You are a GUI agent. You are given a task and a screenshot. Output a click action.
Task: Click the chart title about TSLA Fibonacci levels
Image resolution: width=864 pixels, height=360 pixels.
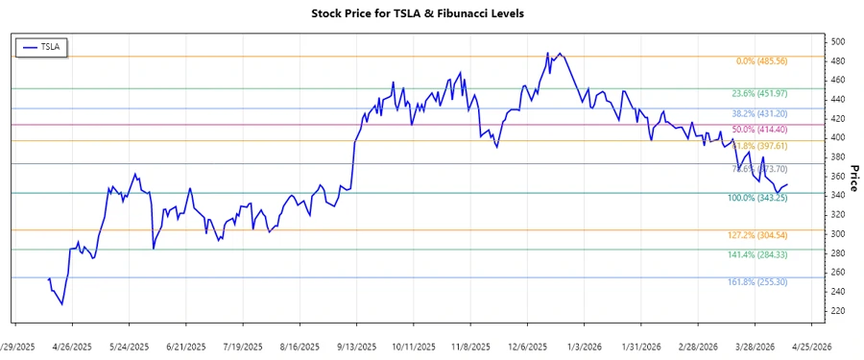click(431, 13)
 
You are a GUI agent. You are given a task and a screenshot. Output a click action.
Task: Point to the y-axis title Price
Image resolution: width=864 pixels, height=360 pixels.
click(852, 177)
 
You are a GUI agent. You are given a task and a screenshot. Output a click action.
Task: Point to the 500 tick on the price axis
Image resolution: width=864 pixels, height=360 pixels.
click(838, 42)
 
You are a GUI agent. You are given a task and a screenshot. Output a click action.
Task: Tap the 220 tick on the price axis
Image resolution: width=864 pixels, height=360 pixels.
click(838, 311)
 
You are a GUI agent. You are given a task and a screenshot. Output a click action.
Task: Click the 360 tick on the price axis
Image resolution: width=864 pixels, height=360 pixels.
click(838, 177)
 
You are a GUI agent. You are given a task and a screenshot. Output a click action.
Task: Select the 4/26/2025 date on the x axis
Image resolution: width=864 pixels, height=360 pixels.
click(72, 346)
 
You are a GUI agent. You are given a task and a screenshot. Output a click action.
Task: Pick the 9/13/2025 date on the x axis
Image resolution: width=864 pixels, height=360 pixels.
click(356, 346)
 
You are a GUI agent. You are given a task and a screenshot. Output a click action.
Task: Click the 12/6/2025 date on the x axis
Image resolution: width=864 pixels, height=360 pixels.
click(527, 346)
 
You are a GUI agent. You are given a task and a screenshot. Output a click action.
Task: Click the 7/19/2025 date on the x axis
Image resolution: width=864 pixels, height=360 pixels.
click(242, 346)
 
